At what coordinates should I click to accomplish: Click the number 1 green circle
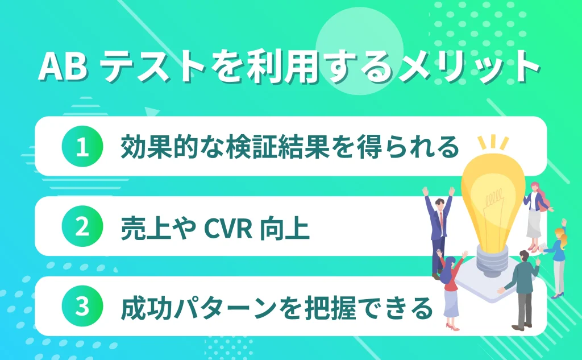82,147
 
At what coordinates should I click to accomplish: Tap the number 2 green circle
82,227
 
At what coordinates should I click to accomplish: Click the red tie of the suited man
440,219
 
